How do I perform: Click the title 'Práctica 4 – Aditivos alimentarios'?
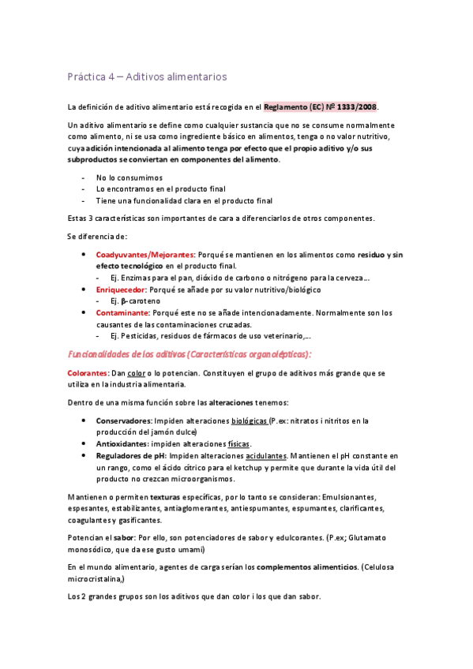[148, 77]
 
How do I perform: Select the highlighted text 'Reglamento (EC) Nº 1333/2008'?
[321, 107]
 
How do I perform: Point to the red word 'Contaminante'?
[122, 312]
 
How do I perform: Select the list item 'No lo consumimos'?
[129, 178]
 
